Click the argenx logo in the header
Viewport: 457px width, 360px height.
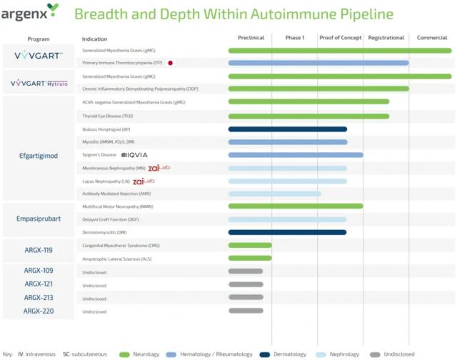[x=30, y=11]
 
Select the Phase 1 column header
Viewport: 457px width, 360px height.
[x=294, y=38]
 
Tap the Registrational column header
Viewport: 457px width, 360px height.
[x=386, y=38]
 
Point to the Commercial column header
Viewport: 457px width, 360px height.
[x=432, y=38]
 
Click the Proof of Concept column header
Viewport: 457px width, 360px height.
[x=340, y=38]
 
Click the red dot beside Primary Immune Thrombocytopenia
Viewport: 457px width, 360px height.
[x=171, y=63]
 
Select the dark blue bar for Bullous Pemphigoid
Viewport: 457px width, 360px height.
[x=287, y=129]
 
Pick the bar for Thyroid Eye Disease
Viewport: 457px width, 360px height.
[x=308, y=116]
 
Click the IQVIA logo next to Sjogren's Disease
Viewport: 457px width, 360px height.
[x=135, y=155]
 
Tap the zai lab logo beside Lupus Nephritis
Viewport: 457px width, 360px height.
[x=144, y=181]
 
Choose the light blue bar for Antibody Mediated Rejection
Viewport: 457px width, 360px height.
[x=274, y=194]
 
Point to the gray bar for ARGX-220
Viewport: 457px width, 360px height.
[x=246, y=311]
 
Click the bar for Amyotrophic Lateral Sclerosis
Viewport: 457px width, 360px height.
[x=250, y=258]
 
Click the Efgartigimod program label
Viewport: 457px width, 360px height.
[x=38, y=154]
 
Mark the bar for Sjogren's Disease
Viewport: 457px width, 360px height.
[x=296, y=155]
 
